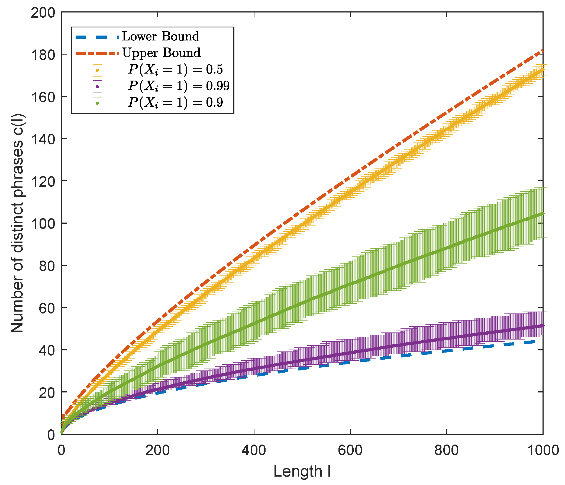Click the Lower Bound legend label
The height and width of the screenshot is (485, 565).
pos(160,36)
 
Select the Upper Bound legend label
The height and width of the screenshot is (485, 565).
pos(161,53)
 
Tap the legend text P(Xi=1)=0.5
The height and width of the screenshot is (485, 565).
pos(176,70)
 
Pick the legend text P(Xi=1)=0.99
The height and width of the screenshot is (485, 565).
pos(179,86)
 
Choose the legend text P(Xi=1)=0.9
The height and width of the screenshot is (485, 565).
pos(176,103)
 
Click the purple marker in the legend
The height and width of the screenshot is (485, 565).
pos(97,87)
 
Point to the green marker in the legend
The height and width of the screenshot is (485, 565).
pos(97,103)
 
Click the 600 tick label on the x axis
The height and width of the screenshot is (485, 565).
pos(350,450)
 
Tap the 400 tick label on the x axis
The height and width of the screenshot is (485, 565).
pos(254,450)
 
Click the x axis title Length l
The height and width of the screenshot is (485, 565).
pos(302,472)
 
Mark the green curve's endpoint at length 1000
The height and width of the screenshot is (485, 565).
pos(543,214)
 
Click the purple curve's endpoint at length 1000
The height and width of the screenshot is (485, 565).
pos(543,326)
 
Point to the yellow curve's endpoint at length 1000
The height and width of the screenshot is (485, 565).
pos(543,69)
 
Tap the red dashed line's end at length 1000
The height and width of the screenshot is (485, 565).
pos(543,51)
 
